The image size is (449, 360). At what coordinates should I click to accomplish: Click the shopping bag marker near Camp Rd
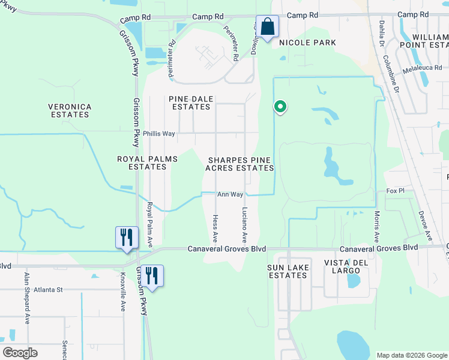(268, 27)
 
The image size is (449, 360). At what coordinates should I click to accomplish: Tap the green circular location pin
(280, 107)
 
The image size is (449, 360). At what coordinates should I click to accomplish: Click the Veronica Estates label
(70, 110)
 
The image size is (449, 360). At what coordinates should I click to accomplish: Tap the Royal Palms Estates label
(147, 163)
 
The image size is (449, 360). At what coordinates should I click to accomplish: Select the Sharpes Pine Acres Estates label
(240, 164)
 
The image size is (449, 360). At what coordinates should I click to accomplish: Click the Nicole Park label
(307, 43)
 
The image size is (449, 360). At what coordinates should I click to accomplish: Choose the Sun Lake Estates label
(287, 271)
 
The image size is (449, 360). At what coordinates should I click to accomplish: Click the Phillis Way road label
(159, 134)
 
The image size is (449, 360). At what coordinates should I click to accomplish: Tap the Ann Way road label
(230, 194)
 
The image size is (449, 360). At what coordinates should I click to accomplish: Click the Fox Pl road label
(396, 191)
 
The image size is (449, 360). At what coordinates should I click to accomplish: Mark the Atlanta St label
(48, 290)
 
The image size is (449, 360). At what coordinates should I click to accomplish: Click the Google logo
(20, 353)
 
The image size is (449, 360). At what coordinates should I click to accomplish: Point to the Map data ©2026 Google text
(411, 355)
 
